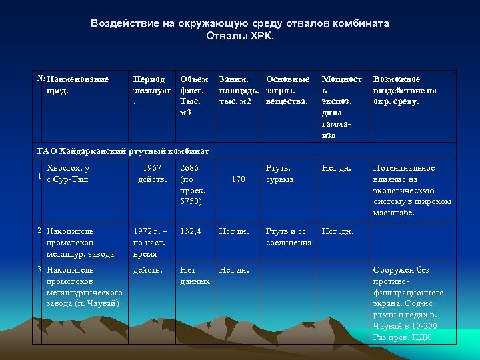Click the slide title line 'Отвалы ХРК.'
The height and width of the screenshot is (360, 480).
(240, 35)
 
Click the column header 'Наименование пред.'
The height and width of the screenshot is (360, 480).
(77, 85)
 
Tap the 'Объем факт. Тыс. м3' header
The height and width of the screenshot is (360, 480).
(194, 95)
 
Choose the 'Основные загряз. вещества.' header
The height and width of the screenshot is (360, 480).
(287, 90)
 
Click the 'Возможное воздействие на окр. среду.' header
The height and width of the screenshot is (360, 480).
(405, 90)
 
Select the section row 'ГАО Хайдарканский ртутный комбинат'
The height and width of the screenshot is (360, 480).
(123, 151)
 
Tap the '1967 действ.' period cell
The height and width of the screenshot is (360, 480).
(153, 174)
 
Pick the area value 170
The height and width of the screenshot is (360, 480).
(238, 179)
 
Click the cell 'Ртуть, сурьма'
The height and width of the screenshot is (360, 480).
(279, 174)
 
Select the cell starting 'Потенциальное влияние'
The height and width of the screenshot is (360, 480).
(412, 190)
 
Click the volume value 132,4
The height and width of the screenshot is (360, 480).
(191, 231)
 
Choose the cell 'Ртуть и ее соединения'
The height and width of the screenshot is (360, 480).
(289, 237)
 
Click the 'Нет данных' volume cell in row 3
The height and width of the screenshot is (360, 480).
(195, 275)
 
